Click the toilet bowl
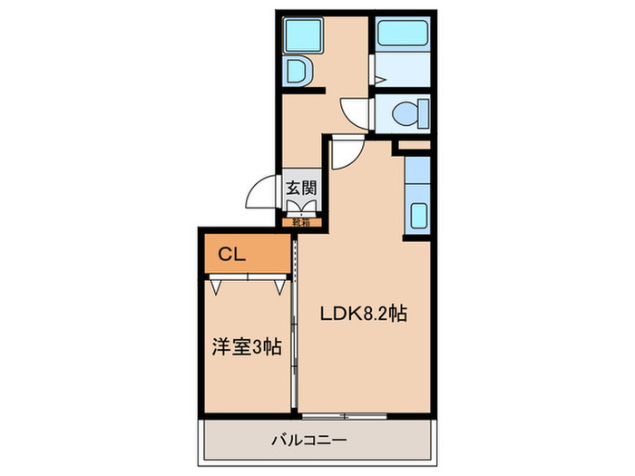408,114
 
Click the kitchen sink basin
419,216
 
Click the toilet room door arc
356,112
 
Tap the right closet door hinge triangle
278,287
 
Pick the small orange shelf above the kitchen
413,144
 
